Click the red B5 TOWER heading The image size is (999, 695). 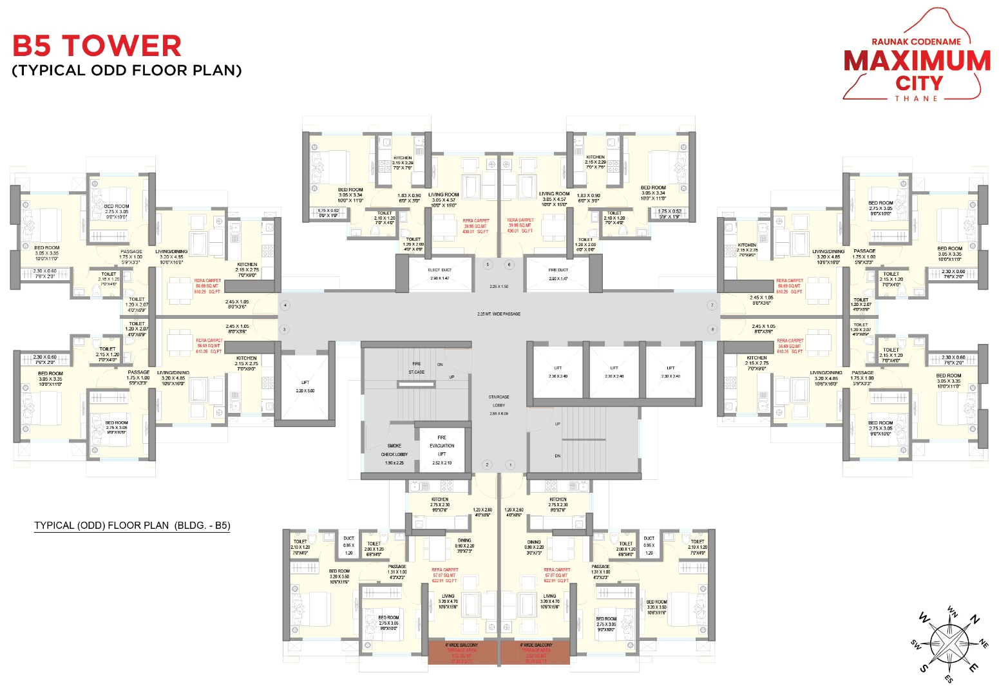pos(97,46)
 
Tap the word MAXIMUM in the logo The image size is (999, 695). pos(917,61)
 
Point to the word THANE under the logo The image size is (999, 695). pos(916,99)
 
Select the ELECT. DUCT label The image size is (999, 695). pos(440,271)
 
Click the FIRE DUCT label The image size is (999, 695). pos(558,271)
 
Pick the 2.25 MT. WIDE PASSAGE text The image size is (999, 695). pos(499,314)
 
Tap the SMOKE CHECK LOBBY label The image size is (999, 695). pos(394,450)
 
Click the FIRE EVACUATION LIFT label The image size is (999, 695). pos(442,446)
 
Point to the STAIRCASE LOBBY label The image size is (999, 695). pos(499,401)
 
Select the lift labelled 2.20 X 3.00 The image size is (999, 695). pos(305,386)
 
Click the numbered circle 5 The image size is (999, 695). pos(488,265)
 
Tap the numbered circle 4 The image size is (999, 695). pos(285,305)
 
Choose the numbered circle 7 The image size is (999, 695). pos(712,305)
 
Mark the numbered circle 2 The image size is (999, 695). pos(487,464)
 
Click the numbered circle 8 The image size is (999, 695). pos(712,329)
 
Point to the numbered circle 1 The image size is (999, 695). pos(510,464)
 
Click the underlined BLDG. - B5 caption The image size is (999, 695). pos(132,526)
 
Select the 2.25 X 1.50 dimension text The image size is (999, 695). pos(499,287)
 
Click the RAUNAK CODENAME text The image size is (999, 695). pos(916,42)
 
